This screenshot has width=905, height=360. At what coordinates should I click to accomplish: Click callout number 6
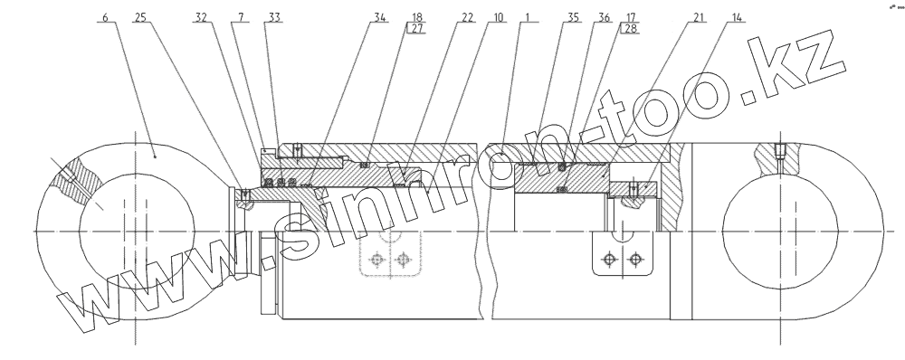point(105,17)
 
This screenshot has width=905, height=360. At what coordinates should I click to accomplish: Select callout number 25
point(140,17)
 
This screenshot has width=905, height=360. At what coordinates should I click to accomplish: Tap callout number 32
point(200,17)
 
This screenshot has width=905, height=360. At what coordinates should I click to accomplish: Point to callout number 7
point(240,17)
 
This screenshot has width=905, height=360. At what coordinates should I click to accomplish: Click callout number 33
point(274,17)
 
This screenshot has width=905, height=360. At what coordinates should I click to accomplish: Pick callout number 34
point(379,17)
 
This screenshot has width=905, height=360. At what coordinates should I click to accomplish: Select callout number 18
point(417,17)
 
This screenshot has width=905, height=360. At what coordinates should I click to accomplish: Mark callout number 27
point(417,29)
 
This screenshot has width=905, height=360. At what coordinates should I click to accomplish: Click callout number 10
point(497,17)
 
